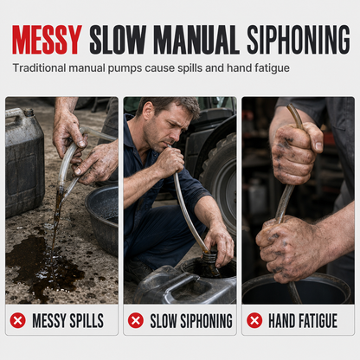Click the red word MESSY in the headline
click(48, 40)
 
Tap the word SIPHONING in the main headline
click(299, 40)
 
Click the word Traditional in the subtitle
click(40, 68)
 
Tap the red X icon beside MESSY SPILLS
click(18, 320)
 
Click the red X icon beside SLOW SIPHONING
click(136, 320)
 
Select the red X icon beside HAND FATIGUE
click(254, 320)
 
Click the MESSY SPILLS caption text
click(67, 321)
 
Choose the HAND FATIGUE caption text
click(303, 321)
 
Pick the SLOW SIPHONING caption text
click(191, 321)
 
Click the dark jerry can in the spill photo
click(24, 162)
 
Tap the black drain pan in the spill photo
click(101, 219)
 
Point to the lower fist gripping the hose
click(288, 248)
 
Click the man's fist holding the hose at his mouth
click(170, 162)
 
